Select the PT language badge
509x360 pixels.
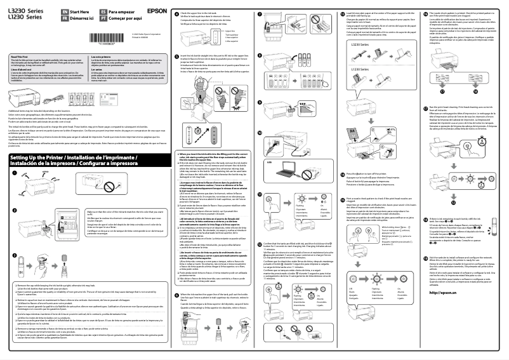tap(102, 18)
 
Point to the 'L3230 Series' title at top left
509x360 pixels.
tap(27, 11)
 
